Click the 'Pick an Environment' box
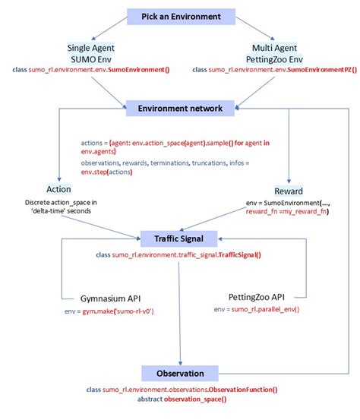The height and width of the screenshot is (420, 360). tap(180, 16)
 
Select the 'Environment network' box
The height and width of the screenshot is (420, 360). tap(180, 108)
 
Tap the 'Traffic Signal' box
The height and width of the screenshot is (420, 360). tap(180, 238)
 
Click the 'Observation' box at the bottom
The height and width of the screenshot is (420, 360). tap(180, 373)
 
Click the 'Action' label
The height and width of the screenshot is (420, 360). tap(58, 189)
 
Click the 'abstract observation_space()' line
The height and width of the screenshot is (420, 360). tap(182, 399)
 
